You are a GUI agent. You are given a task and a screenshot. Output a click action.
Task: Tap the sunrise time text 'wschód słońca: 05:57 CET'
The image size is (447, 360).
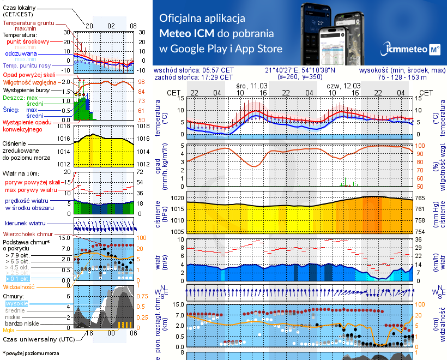tap(194, 70)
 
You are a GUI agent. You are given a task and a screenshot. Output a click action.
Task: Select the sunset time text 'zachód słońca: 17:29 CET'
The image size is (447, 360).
tap(194, 77)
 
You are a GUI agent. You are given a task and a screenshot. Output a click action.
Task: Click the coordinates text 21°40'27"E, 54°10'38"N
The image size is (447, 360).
tap(300, 70)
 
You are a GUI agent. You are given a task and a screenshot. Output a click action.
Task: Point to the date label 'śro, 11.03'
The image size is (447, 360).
tap(252, 86)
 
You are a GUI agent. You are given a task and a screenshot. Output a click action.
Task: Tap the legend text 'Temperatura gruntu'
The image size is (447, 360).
tap(28, 23)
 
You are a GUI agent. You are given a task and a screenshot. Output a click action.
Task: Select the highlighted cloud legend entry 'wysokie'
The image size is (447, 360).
tap(16, 303)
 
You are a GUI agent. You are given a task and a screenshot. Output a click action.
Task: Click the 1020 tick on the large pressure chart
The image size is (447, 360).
tap(176, 198)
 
